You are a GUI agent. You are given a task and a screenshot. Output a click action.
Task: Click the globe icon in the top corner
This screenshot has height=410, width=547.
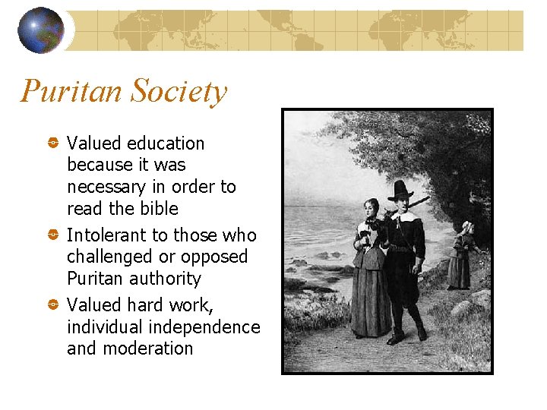41,30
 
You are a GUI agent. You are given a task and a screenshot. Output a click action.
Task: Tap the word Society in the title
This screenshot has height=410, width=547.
179,93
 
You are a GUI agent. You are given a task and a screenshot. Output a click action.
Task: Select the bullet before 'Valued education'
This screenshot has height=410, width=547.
54,143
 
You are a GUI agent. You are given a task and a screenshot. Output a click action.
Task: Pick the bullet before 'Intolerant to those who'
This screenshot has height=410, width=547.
54,235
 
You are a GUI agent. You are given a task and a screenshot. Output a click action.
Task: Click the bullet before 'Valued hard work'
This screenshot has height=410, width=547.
54,305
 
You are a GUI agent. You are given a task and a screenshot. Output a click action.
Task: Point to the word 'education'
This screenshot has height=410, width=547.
166,143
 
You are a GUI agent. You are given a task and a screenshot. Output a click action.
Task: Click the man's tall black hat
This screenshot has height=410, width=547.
400,191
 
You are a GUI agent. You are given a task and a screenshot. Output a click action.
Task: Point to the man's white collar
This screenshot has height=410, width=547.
403,216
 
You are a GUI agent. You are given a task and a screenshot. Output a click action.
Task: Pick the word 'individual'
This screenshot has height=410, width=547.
103,327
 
